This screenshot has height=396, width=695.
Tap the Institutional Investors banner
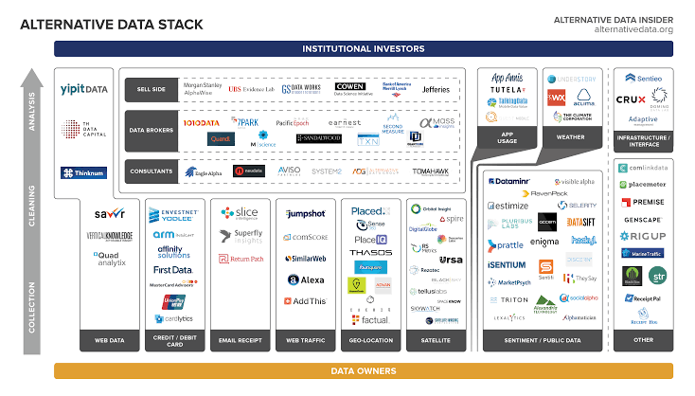[x=363, y=48]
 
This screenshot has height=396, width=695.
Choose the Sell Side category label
[x=149, y=90]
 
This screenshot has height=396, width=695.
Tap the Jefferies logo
[x=435, y=89]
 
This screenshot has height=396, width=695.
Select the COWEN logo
[x=349, y=88]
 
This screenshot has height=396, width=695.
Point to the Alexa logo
[x=304, y=279]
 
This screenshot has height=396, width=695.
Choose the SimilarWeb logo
[x=303, y=258]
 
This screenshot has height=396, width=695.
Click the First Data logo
[x=172, y=269]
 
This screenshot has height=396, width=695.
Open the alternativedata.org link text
[x=633, y=29]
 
